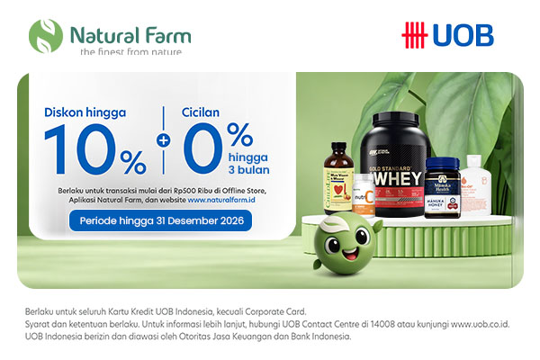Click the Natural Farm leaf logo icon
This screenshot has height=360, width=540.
pyautogui.click(x=45, y=35)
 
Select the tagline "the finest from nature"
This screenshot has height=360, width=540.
pyautogui.click(x=130, y=52)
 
